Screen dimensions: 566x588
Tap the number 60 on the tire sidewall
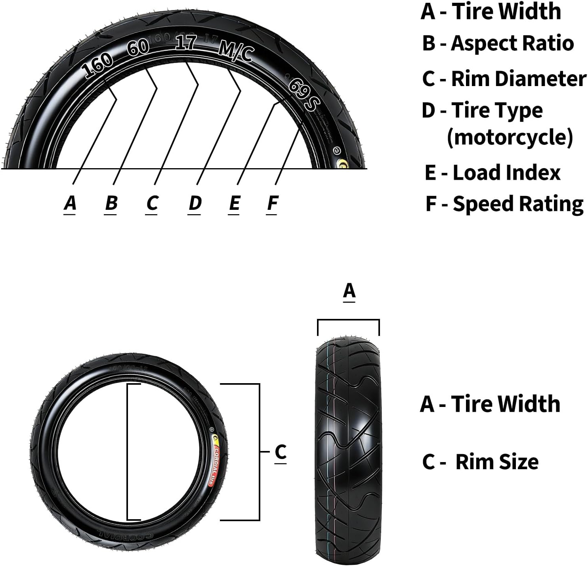pos(138,47)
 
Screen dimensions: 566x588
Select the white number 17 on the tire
pos(186,42)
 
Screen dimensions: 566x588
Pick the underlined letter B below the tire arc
pos(111,203)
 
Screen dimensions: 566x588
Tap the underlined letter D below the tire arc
pos(195,203)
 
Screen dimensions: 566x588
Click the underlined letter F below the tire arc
pos(272,203)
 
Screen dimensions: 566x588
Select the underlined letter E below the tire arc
pos(234,203)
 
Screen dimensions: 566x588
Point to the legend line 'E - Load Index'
pos(493,173)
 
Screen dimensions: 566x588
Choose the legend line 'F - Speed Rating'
pos(504,204)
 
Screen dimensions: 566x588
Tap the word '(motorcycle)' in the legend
pos(510,137)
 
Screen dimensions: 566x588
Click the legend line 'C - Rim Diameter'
pos(504,78)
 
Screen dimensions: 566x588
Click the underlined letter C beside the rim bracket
pos(281,452)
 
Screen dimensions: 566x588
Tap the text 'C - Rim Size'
pos(480,462)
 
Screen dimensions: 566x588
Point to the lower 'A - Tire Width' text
pos(490,404)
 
